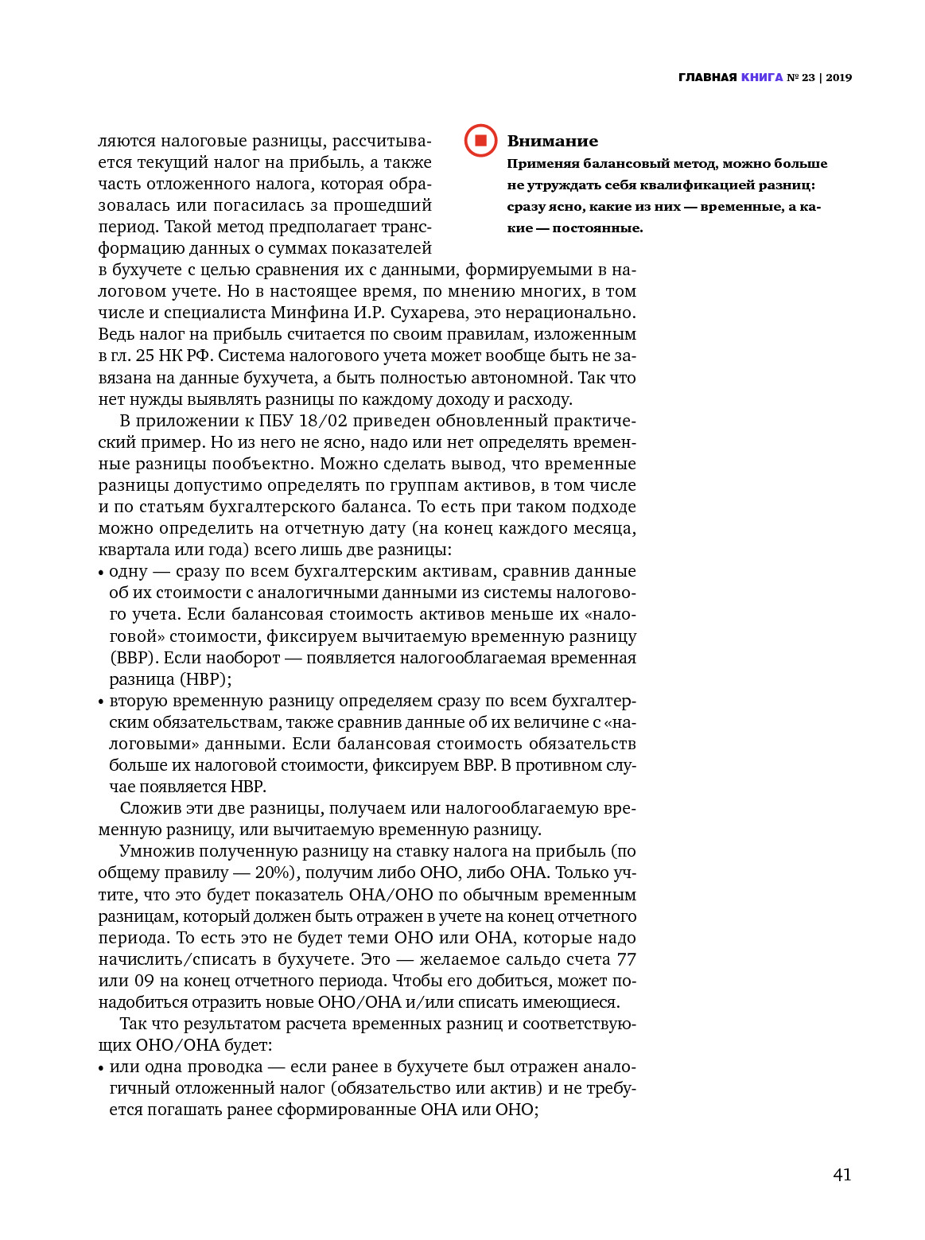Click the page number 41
(841, 1174)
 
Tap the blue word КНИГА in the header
(761, 77)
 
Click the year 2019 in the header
(838, 77)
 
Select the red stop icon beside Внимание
(480, 141)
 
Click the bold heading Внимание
(552, 141)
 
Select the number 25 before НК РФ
(144, 356)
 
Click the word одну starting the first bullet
(128, 571)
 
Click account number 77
(626, 959)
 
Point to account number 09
(140, 981)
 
